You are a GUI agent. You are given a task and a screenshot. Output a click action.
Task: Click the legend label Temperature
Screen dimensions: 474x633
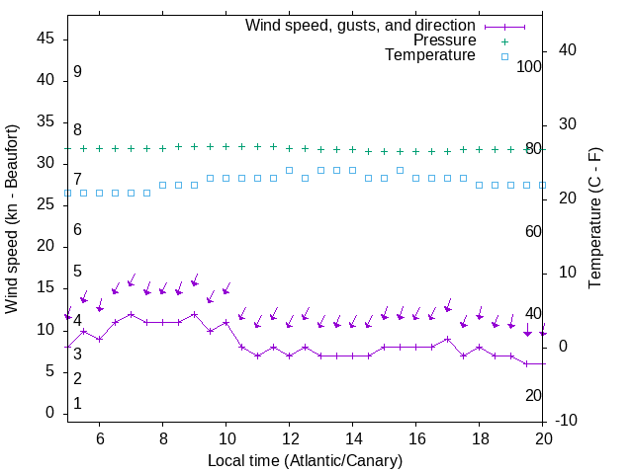430,55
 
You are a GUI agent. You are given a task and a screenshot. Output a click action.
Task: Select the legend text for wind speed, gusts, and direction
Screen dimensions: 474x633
361,25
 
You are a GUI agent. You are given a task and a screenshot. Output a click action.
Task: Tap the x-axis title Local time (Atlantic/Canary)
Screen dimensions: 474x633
306,460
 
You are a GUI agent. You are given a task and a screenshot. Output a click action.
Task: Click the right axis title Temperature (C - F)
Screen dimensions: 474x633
594,219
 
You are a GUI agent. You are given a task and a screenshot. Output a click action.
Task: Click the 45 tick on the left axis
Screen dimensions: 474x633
45,38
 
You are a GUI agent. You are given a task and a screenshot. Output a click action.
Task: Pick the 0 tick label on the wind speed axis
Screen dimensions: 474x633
50,413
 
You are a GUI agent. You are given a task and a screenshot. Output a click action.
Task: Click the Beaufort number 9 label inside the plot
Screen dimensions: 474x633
77,72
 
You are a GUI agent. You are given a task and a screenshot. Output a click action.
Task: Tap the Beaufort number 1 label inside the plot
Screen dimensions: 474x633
77,404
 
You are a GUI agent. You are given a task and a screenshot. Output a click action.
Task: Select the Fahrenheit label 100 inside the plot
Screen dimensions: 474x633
529,66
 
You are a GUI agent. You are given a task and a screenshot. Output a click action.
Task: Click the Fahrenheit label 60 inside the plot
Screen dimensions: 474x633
533,231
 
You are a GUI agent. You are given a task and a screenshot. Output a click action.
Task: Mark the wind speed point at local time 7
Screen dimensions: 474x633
131,314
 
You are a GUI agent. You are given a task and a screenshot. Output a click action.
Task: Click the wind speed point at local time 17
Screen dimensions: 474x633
447,339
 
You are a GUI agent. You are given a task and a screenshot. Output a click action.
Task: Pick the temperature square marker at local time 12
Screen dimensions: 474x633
289,170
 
